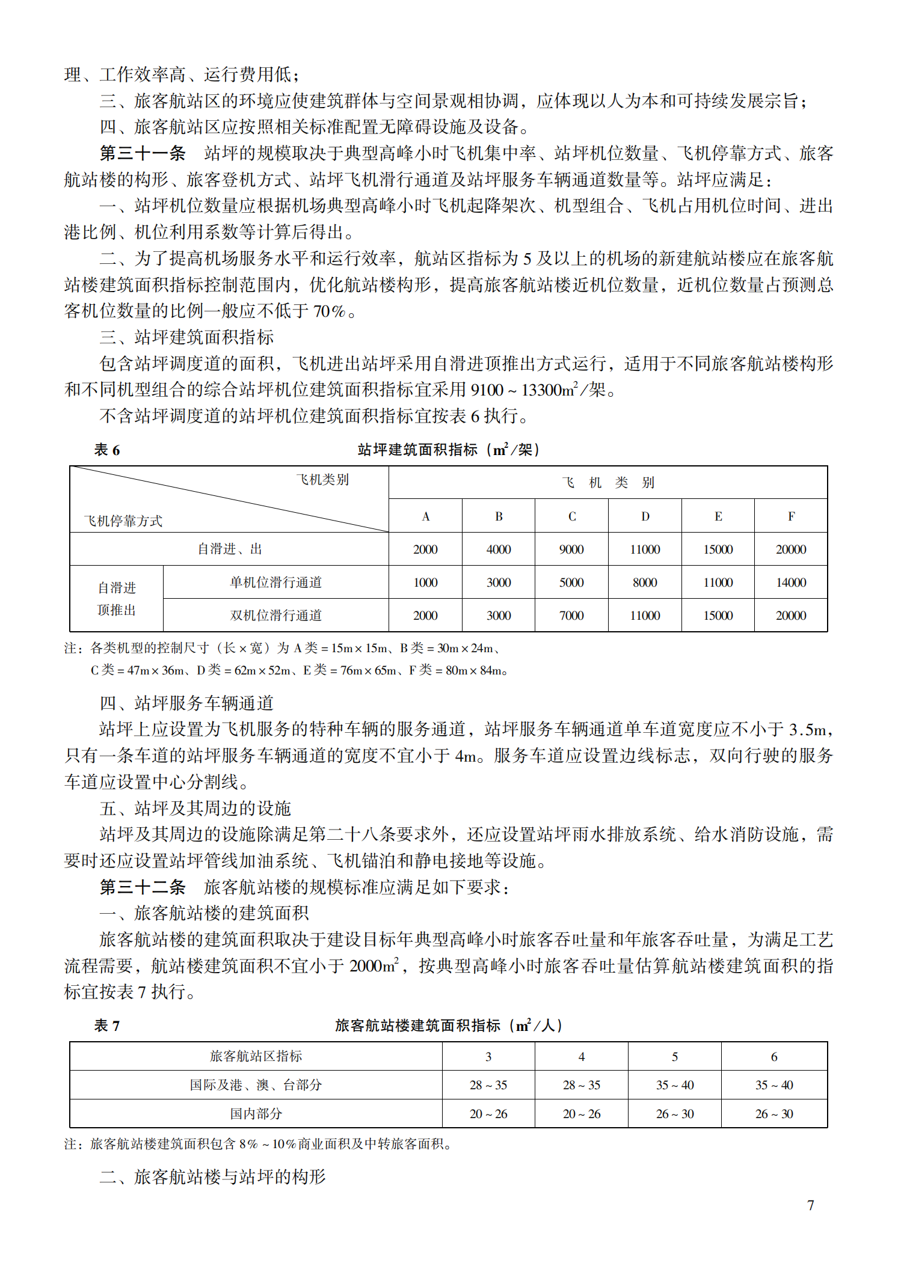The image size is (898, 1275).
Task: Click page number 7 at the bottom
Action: [x=810, y=1205]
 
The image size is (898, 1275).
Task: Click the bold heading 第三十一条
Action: [x=143, y=153]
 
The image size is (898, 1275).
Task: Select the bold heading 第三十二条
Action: [x=143, y=887]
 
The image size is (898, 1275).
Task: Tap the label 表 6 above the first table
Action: [x=107, y=450]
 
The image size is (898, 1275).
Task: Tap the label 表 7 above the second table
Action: [x=107, y=1026]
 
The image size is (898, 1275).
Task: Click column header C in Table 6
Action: [x=571, y=516]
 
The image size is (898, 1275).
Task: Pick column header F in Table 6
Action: [x=791, y=516]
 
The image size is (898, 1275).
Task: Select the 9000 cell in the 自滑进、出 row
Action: [x=571, y=549]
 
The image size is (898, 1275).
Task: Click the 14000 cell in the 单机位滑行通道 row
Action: [x=791, y=582]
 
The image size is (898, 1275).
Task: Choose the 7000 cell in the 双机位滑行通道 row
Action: [x=571, y=616]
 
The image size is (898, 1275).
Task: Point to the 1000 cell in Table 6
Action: [x=425, y=582]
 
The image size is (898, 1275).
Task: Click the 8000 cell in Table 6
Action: [x=645, y=582]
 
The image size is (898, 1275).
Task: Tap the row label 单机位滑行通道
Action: [x=275, y=582]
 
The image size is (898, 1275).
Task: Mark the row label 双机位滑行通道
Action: [x=275, y=616]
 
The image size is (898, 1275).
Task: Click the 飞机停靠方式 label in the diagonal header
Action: [x=123, y=521]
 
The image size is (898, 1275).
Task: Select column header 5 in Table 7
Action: [x=675, y=1057]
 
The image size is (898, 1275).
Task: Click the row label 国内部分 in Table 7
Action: [x=256, y=1114]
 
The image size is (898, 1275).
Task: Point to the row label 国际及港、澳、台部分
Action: [x=256, y=1085]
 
